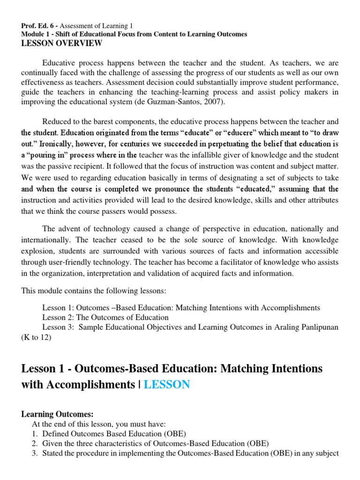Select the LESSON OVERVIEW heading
tap(61, 43)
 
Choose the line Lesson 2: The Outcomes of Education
tap(105, 317)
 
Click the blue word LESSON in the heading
tap(166, 385)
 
